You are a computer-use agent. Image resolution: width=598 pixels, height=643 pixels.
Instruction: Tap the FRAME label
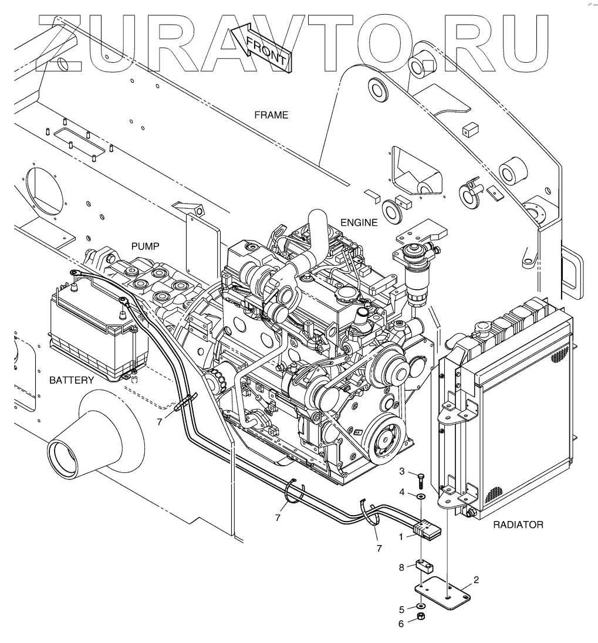click(x=271, y=115)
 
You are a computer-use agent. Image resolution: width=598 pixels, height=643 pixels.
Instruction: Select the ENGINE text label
click(x=359, y=222)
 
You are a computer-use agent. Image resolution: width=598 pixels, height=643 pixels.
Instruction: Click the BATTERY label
click(x=71, y=380)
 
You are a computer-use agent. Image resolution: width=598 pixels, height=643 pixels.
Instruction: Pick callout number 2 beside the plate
click(x=476, y=580)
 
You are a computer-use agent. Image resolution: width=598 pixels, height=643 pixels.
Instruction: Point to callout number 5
click(x=401, y=608)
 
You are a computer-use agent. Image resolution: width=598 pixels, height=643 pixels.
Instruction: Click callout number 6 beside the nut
click(x=401, y=624)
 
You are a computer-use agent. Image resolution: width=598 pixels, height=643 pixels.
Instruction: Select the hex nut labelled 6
click(x=421, y=617)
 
